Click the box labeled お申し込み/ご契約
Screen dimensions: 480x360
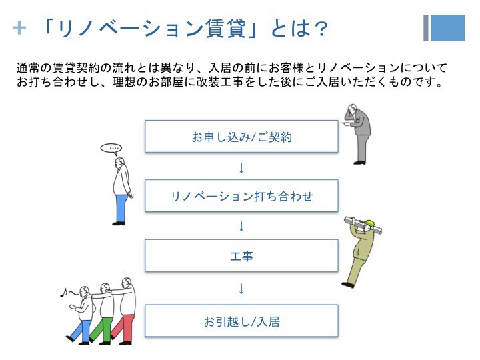click(241, 136)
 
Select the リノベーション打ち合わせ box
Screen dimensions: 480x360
click(241, 196)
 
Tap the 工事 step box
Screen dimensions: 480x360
click(241, 255)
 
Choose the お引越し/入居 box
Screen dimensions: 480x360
click(241, 321)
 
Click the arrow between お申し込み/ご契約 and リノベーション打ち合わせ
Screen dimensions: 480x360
click(241, 168)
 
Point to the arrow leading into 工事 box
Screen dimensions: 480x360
click(241, 226)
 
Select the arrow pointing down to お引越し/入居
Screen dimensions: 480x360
click(241, 289)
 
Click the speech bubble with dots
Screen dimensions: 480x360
click(111, 149)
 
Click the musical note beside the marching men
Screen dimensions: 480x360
click(64, 293)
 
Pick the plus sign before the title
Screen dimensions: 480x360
click(19, 29)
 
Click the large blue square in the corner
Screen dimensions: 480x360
click(448, 28)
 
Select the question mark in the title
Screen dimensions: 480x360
click(321, 29)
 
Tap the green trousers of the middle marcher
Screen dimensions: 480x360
click(103, 329)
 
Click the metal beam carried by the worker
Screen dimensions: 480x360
click(363, 225)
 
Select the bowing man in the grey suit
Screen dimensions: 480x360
click(357, 134)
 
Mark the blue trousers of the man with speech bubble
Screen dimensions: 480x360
click(122, 208)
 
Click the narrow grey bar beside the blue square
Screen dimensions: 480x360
click(426, 28)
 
